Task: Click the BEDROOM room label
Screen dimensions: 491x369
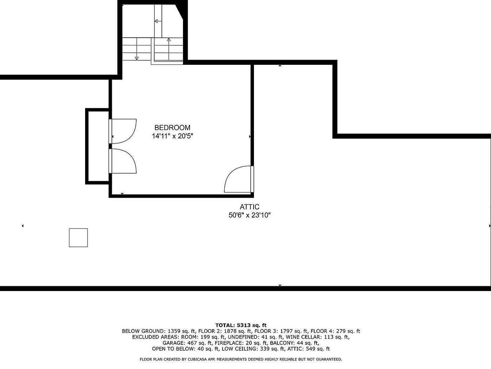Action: (172, 127)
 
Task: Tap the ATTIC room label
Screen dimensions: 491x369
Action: (250, 206)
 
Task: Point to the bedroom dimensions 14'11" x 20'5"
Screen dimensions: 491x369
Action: (172, 136)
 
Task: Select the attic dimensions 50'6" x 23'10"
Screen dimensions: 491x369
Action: (250, 215)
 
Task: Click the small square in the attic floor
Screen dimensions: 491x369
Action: (78, 238)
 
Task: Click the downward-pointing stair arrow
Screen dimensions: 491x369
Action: (137, 49)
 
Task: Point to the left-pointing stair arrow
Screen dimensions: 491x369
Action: (158, 21)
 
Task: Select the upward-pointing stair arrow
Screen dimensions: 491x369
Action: (169, 49)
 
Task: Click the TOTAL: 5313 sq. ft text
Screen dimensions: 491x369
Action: (241, 325)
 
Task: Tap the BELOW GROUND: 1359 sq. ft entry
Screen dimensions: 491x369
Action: (159, 331)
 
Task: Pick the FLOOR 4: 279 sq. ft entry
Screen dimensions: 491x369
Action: (335, 331)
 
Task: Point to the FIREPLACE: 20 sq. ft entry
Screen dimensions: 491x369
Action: (241, 343)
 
